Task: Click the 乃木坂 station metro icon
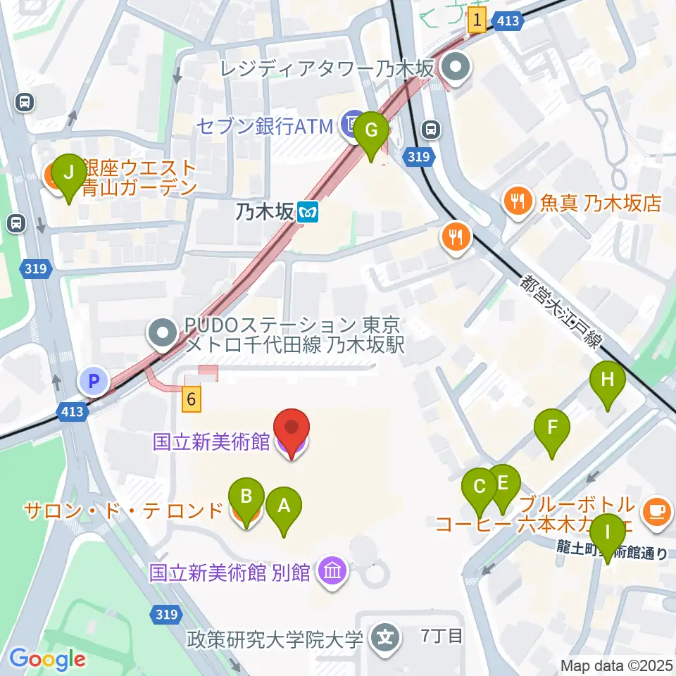[308, 211]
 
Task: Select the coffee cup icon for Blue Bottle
[657, 508]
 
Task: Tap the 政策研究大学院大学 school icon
[386, 638]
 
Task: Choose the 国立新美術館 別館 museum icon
[332, 570]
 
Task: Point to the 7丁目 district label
[442, 637]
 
